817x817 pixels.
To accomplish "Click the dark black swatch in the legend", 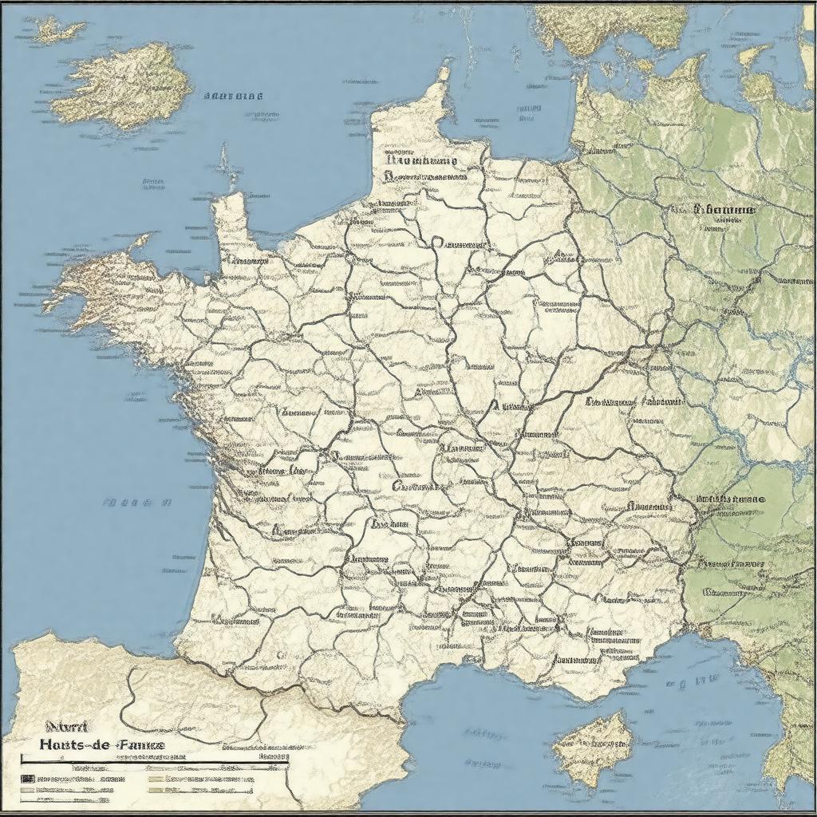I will coord(27,777).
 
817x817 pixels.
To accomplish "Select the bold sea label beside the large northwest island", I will coord(233,96).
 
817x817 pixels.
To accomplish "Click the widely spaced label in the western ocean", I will coord(137,503).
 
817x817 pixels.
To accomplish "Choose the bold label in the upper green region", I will coord(724,210).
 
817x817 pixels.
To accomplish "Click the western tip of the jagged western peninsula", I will coord(48,302).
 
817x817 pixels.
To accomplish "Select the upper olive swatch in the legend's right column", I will coord(156,778).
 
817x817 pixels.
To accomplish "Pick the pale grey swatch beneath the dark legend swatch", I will coord(27,790).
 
